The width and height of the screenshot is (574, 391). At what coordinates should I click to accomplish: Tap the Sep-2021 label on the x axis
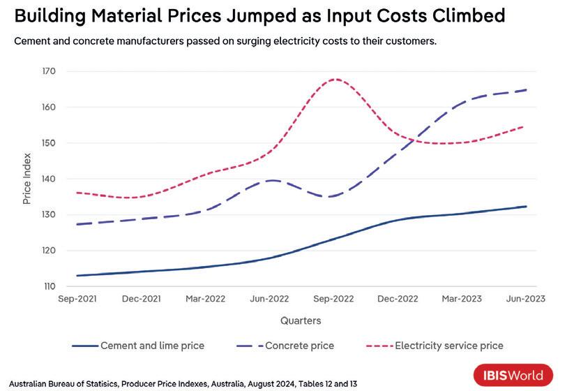(x=77, y=299)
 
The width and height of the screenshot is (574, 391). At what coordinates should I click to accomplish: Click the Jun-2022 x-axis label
(x=269, y=299)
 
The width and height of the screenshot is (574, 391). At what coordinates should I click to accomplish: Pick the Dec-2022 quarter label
(x=398, y=299)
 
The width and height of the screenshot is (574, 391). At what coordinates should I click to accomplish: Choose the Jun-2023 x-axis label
(x=526, y=299)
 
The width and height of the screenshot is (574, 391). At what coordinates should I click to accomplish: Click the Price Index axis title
(x=27, y=179)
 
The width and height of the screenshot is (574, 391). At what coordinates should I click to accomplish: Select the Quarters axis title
(x=301, y=321)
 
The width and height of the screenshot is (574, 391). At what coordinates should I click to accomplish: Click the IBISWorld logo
(x=513, y=375)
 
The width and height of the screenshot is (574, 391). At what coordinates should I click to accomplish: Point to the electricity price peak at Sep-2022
(x=335, y=79)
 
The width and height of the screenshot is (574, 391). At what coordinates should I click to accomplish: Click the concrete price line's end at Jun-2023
(x=526, y=90)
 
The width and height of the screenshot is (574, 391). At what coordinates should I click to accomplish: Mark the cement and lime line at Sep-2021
(x=77, y=276)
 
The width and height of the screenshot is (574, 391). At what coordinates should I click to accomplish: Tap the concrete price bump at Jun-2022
(x=271, y=180)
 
